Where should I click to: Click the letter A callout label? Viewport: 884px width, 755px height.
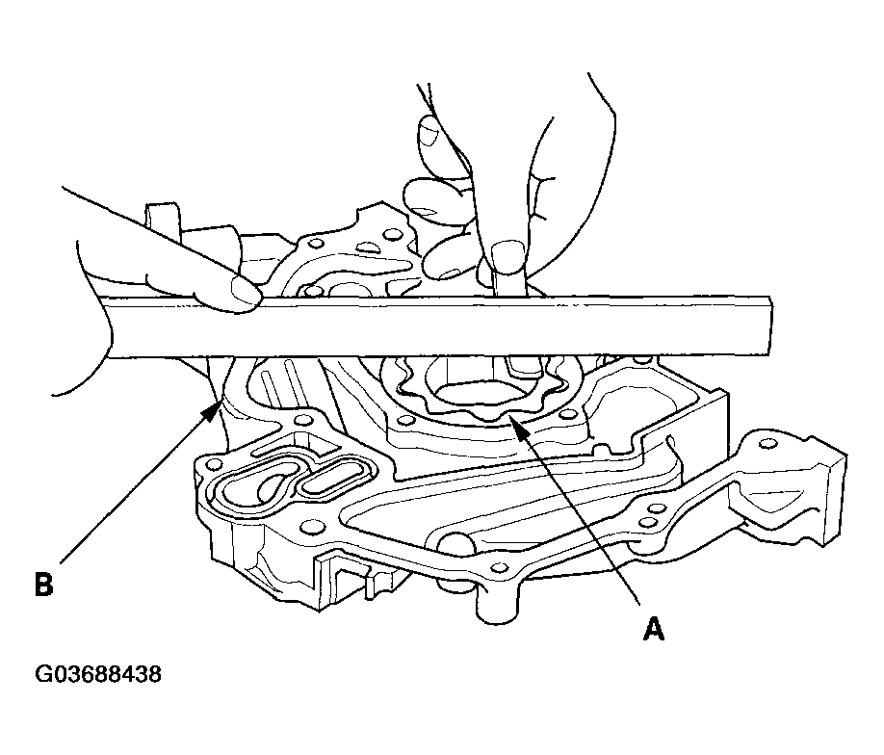coord(654,629)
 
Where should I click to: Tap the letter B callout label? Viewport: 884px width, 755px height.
coord(43,585)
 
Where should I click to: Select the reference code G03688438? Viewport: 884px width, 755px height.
coord(98,674)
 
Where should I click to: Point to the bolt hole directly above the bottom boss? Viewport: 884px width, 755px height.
coord(497,566)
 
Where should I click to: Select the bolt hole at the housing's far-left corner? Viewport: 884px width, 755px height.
coord(213,464)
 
